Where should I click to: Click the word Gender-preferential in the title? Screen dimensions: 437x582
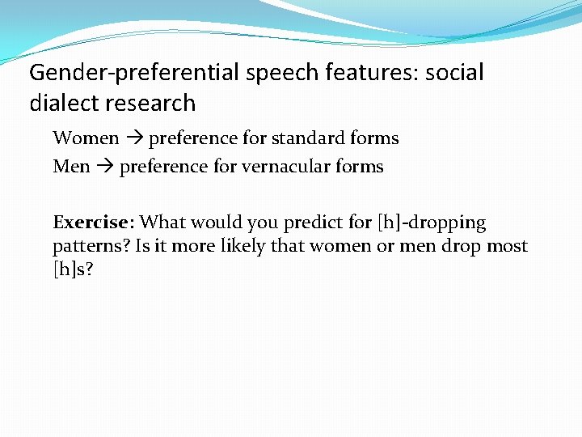135,73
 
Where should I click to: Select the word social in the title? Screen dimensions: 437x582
453,73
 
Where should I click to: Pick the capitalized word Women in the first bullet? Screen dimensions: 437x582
86,138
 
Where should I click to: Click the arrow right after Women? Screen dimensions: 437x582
133,138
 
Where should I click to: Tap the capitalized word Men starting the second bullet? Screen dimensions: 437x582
71,167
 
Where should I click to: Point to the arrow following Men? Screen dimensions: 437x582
104,167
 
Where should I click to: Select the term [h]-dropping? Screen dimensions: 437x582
432,223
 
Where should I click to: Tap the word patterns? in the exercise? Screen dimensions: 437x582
91,246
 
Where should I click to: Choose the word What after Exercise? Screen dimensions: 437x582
162,223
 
